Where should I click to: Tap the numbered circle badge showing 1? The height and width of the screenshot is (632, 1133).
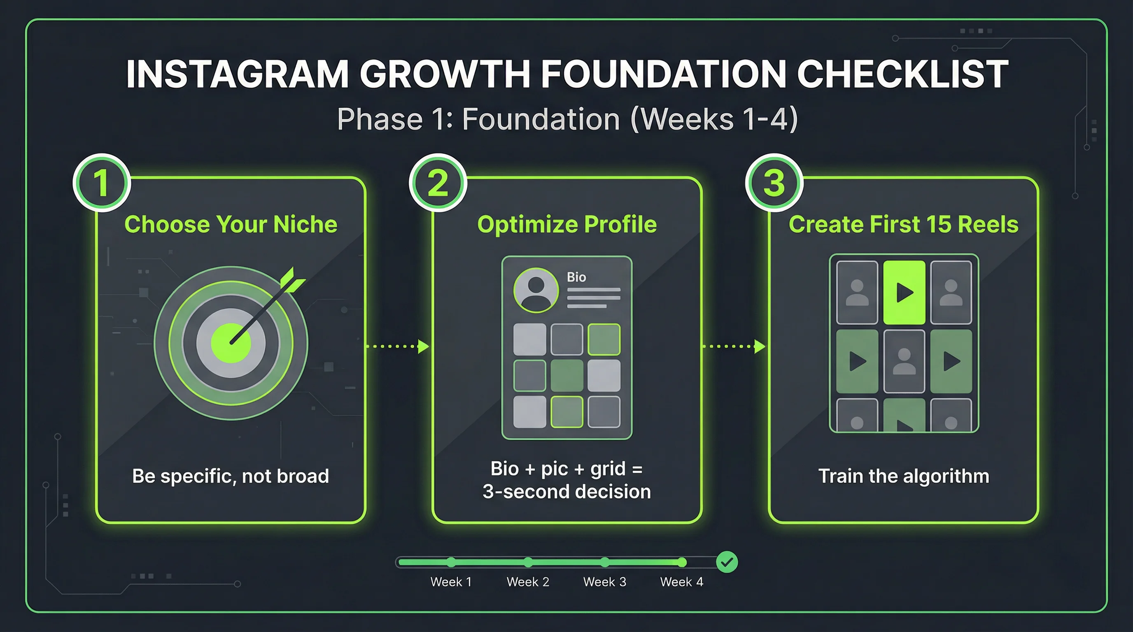tap(102, 183)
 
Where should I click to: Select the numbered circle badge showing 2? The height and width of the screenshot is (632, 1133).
tap(438, 183)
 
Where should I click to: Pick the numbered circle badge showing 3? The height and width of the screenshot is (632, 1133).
tap(774, 183)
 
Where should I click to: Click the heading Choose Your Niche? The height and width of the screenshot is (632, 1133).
tap(231, 224)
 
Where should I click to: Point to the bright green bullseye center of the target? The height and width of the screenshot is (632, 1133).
tap(231, 343)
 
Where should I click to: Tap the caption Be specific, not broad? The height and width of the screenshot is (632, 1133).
tap(231, 476)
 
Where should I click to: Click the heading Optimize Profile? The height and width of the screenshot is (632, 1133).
tap(566, 224)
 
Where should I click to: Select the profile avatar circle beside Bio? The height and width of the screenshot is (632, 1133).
tap(536, 290)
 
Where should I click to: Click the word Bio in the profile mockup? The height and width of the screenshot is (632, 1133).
tap(576, 277)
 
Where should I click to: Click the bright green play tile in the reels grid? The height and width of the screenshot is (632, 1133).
tap(904, 292)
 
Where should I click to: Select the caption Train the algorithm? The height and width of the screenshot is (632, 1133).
tap(903, 476)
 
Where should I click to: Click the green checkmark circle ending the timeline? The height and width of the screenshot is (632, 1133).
tap(727, 562)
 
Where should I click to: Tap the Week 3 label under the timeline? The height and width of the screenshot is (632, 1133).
tap(604, 582)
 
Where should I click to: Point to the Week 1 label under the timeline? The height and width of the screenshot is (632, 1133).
tap(451, 582)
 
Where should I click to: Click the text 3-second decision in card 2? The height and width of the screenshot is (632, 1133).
tap(566, 492)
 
